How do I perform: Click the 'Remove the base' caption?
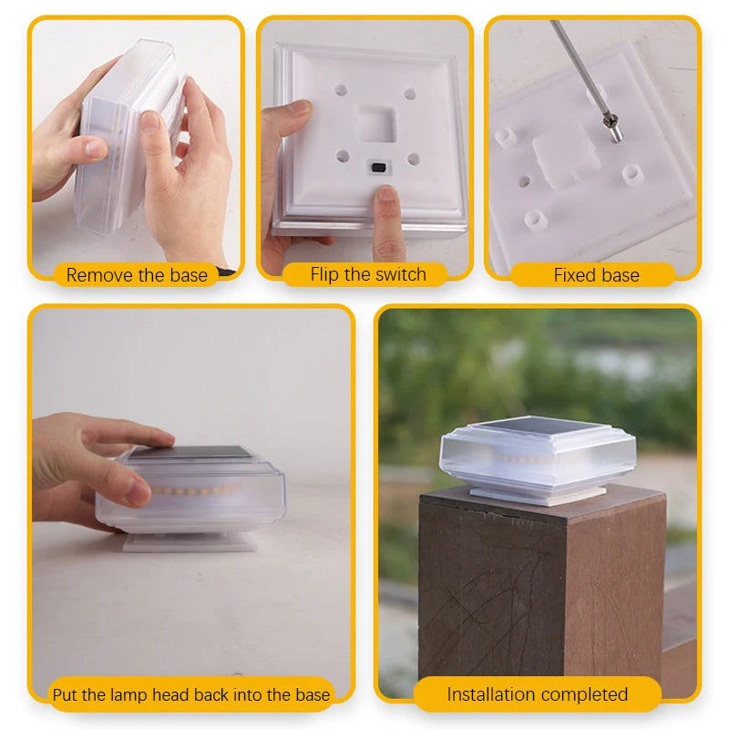click(x=137, y=274)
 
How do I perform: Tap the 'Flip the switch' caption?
click(x=368, y=274)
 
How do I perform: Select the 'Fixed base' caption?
click(x=596, y=274)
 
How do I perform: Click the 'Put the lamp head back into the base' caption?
click(x=191, y=694)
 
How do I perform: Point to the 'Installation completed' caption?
click(x=537, y=694)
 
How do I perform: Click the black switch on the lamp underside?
click(x=375, y=168)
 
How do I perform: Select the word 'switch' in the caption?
click(x=401, y=274)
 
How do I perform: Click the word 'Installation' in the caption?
click(x=493, y=694)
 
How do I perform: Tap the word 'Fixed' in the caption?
click(x=574, y=274)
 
